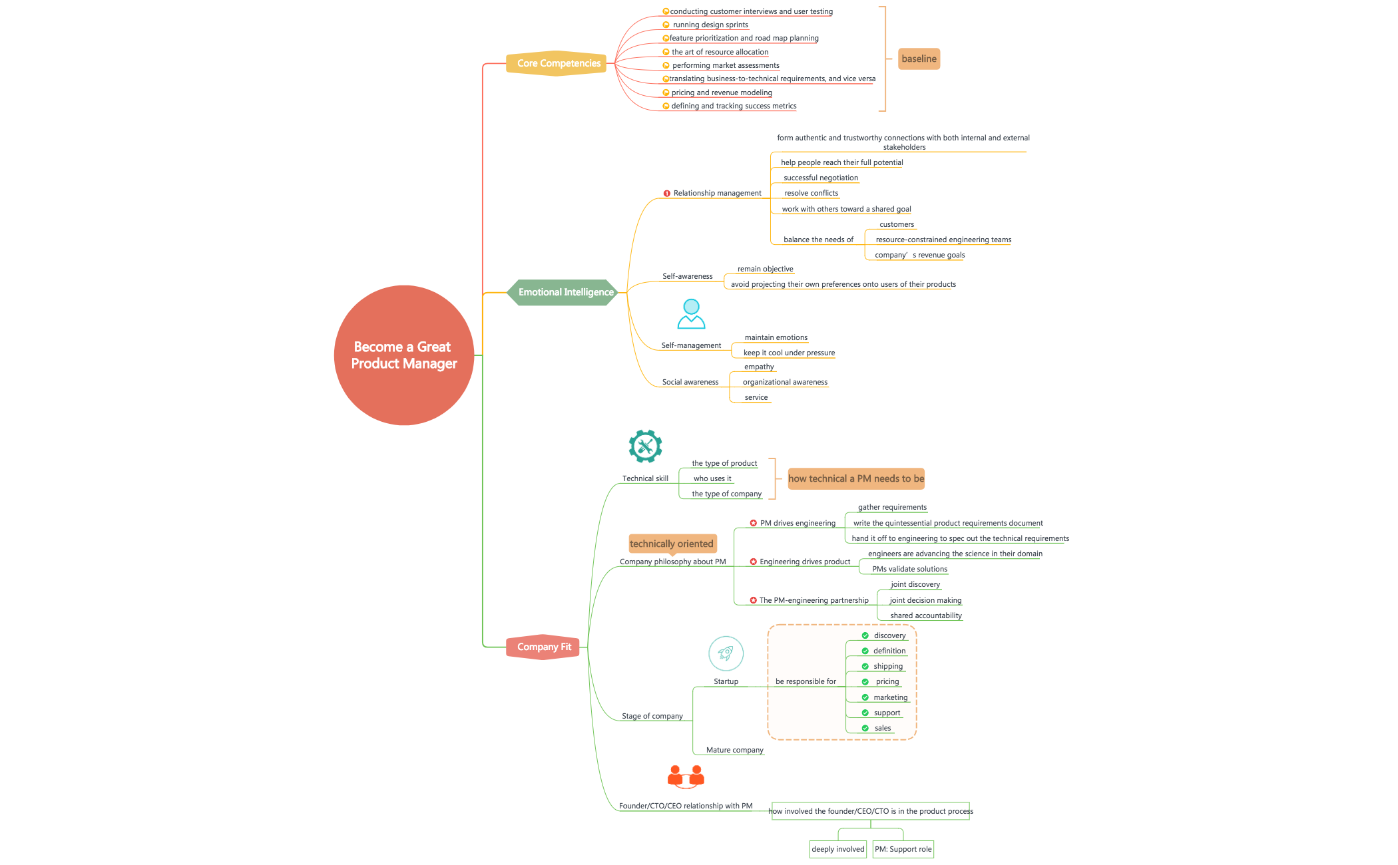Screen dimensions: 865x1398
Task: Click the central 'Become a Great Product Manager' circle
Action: click(x=403, y=355)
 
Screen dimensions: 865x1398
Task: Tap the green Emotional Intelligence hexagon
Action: click(x=565, y=292)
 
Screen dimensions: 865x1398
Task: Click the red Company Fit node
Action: click(x=543, y=647)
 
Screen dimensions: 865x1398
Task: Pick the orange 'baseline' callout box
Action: click(x=919, y=59)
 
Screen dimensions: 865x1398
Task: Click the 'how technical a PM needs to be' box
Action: click(x=856, y=478)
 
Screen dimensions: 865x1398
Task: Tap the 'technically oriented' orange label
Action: click(x=672, y=544)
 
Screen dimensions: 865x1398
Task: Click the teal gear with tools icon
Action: click(x=645, y=446)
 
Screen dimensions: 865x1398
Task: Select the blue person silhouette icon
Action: click(x=691, y=313)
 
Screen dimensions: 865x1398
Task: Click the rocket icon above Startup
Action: click(x=726, y=653)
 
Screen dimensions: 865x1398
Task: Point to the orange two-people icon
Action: click(x=686, y=777)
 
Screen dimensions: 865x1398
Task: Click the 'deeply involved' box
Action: click(x=837, y=849)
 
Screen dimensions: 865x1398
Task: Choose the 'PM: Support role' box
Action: click(x=903, y=849)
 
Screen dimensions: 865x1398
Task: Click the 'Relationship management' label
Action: click(x=717, y=193)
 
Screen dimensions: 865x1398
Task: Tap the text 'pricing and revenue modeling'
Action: click(x=722, y=92)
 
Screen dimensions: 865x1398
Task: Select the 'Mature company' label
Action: click(x=734, y=750)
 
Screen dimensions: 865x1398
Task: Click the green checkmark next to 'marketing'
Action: click(x=865, y=697)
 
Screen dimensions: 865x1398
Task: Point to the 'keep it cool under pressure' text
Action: click(x=789, y=353)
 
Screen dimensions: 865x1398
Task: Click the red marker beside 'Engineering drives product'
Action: click(x=753, y=562)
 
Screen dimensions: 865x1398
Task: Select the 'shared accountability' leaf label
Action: click(x=925, y=615)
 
